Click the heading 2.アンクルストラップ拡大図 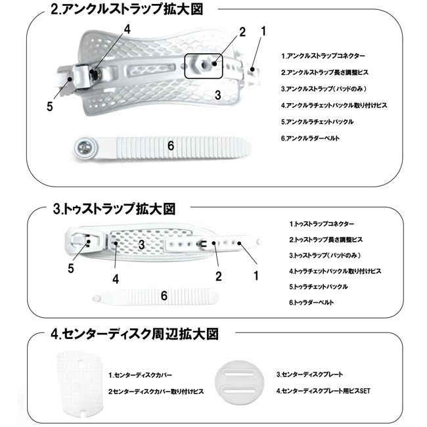pyautogui.click(x=125, y=10)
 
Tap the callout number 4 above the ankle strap pyautogui.click(x=127, y=29)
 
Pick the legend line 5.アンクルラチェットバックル pyautogui.click(x=317, y=122)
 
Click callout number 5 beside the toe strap pyautogui.click(x=71, y=267)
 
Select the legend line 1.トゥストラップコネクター pyautogui.click(x=321, y=224)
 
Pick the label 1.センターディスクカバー pyautogui.click(x=141, y=374)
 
